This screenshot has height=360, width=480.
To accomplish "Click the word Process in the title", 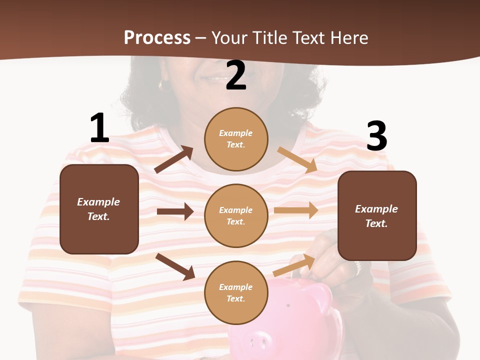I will (x=157, y=37).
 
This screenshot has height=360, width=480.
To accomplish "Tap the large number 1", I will (x=99, y=128).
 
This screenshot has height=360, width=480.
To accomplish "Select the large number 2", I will (x=236, y=75).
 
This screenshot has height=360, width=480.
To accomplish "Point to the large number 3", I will (x=377, y=136).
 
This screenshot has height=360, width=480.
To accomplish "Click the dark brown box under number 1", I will (x=99, y=209).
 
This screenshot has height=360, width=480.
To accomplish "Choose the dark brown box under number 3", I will (x=377, y=215).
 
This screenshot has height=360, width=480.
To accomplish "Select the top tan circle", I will (x=236, y=138).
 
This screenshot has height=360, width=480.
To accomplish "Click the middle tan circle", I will (x=236, y=215).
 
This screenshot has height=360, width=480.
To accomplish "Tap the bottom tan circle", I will (x=236, y=292).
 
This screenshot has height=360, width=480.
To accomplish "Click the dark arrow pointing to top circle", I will (x=174, y=159).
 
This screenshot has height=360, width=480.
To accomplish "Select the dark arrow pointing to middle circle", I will (x=175, y=211).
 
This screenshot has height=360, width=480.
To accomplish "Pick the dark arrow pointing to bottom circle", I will (x=175, y=266).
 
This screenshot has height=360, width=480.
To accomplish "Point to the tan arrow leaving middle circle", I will (x=296, y=210).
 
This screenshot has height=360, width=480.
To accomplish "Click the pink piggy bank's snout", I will (x=257, y=343).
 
